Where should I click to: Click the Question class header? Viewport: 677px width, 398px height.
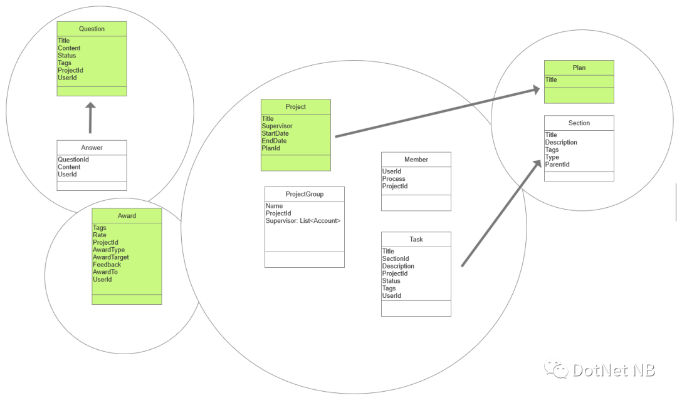[x=92, y=29]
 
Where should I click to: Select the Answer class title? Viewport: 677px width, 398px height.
[x=92, y=148]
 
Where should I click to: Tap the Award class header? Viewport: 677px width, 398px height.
[x=127, y=216]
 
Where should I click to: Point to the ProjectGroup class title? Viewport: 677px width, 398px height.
[x=305, y=194]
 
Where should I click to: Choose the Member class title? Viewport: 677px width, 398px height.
[x=416, y=160]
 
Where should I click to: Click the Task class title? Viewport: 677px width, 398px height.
[x=416, y=239]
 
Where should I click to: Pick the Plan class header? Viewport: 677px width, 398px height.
[x=579, y=68]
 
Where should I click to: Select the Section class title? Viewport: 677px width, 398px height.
[x=579, y=123]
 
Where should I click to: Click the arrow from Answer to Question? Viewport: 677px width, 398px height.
[x=90, y=118]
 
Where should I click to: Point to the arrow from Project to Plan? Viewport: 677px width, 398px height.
[x=438, y=113]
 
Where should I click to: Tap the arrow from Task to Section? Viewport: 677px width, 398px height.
[x=501, y=213]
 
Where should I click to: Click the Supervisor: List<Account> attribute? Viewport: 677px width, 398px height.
[x=303, y=221]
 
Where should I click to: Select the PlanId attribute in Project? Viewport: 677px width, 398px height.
[x=271, y=148]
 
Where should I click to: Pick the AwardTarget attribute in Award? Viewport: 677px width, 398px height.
[x=110, y=257]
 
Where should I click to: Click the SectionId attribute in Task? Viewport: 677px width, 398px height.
[x=396, y=258]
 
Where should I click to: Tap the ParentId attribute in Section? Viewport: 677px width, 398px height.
[x=557, y=165]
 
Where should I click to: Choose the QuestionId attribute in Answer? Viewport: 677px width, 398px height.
[x=73, y=160]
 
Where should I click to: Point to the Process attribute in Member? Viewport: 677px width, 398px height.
[x=394, y=179]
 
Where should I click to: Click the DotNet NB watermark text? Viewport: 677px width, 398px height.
[x=614, y=370]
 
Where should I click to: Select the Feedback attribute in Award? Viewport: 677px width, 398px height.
[x=107, y=265]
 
